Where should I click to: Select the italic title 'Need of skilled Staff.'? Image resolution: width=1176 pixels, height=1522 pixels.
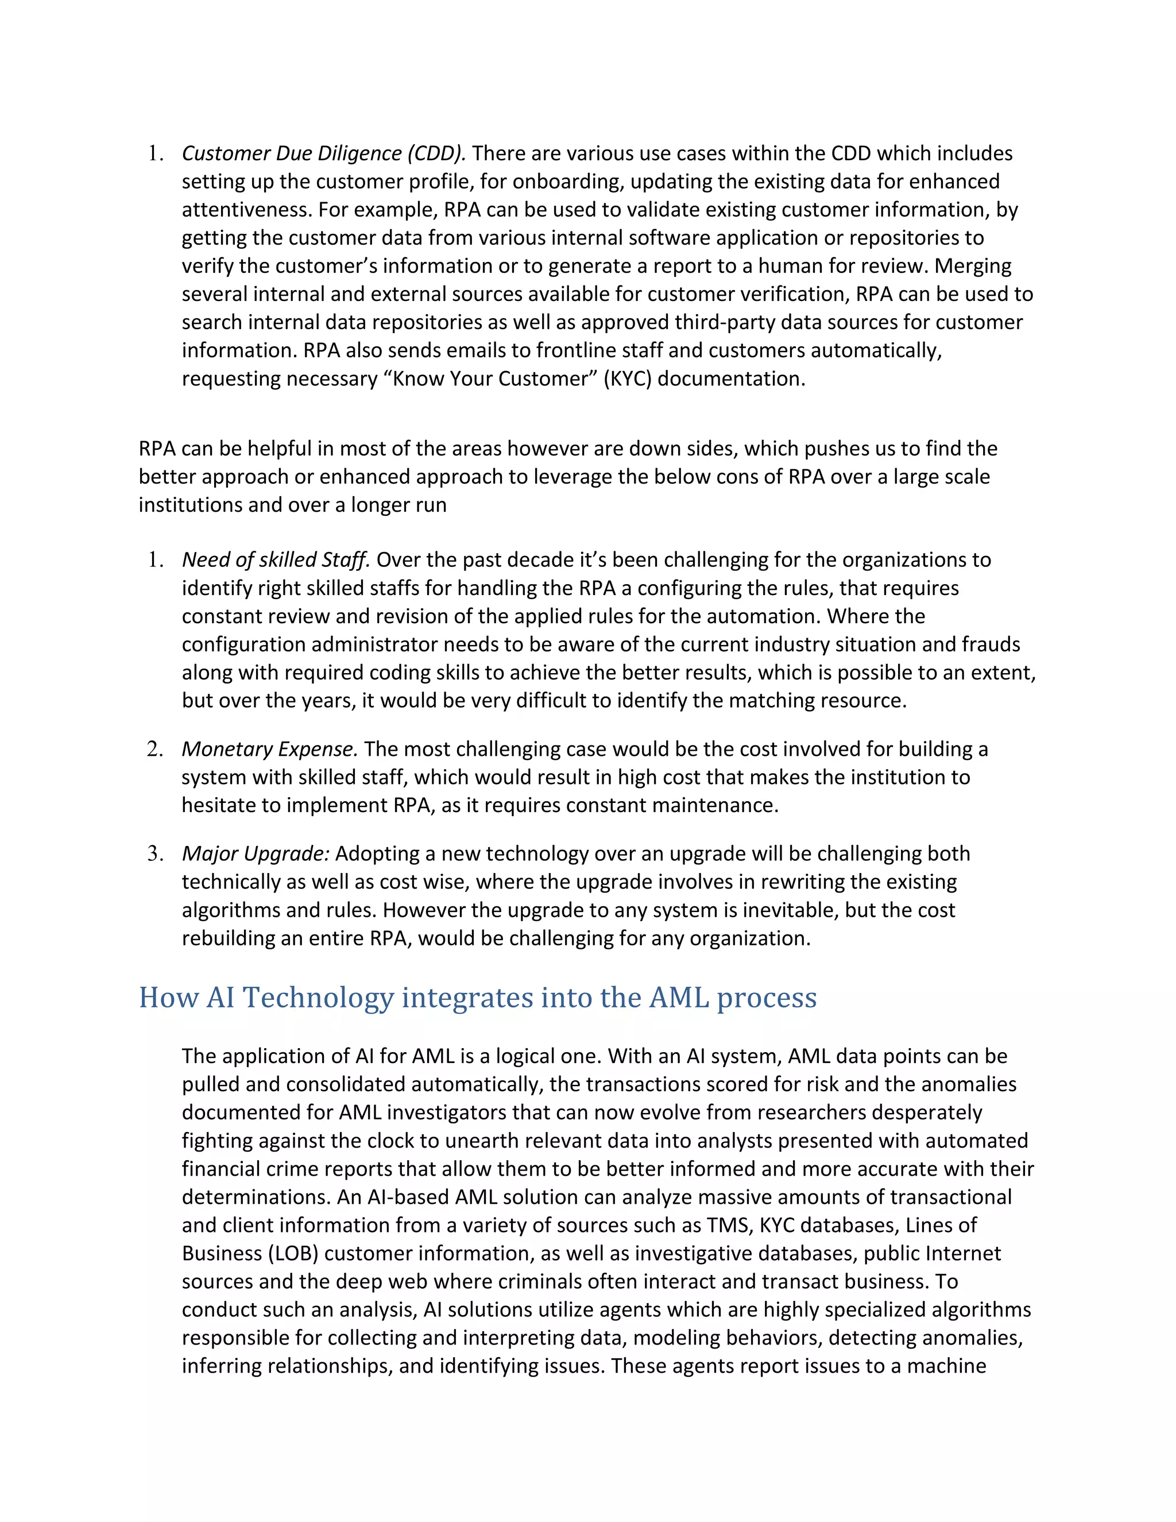click(x=276, y=559)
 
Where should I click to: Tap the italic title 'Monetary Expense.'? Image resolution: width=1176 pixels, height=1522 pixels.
click(x=270, y=748)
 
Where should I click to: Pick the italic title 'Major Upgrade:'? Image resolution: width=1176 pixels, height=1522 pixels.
click(x=255, y=853)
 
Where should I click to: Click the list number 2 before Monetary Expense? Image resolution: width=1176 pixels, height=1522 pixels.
click(x=154, y=749)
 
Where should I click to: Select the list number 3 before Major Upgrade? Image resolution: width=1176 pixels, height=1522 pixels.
click(x=154, y=853)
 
